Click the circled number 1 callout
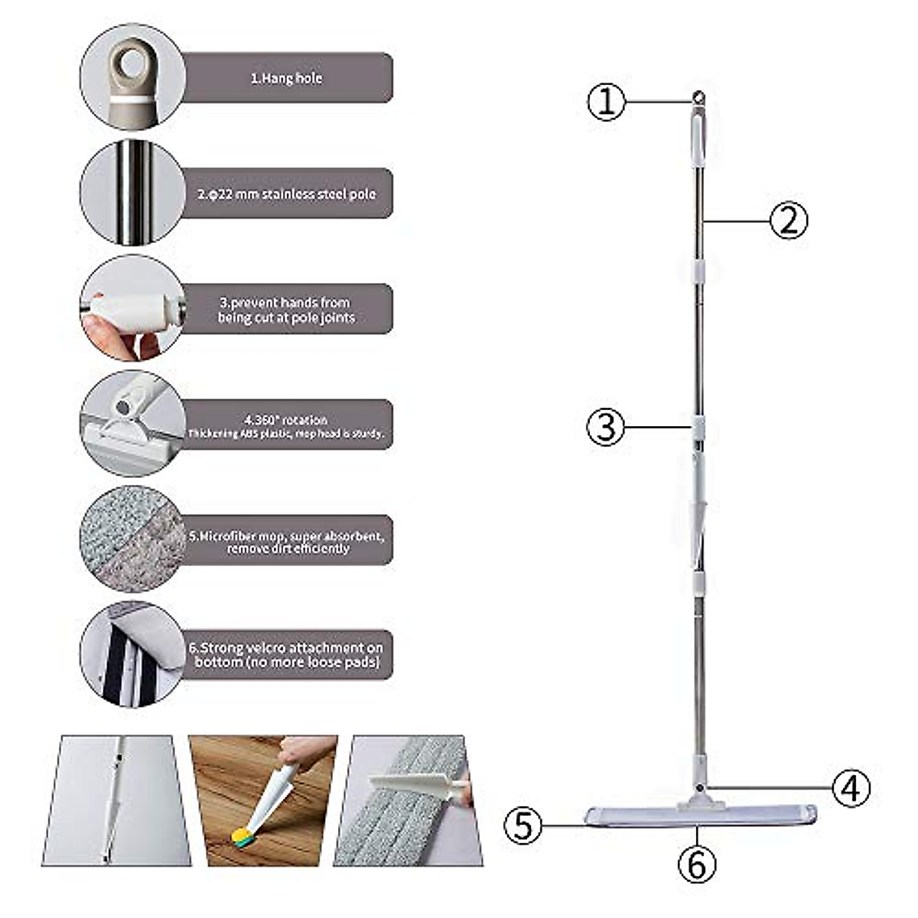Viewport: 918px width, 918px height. coord(606,102)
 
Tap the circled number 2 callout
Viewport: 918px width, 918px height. coord(788,220)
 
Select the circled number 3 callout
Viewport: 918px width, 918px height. coord(605,427)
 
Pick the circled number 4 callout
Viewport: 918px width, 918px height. coord(851,787)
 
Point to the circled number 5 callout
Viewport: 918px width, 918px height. coord(523,826)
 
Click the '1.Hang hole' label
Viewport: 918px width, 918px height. coord(287,78)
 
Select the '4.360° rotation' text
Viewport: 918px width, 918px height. coord(287,420)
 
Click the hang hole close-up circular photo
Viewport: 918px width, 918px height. coord(132,76)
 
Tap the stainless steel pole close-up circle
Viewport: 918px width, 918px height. coord(132,193)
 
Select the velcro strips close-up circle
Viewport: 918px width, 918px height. coord(132,654)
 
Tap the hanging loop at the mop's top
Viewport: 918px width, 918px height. coord(698,97)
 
